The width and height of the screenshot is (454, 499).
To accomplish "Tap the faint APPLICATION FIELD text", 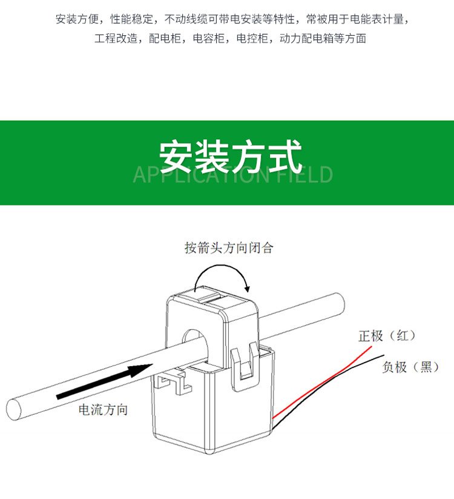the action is tap(233, 175).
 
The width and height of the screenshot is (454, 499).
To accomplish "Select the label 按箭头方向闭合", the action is tap(229, 247).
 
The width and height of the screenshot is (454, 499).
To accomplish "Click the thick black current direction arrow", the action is tap(105, 381).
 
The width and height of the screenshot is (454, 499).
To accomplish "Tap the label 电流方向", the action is tap(104, 410).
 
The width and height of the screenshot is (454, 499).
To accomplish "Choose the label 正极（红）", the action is tap(387, 336).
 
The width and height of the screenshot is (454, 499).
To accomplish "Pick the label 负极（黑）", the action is tap(411, 367).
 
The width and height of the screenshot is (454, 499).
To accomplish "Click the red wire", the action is tap(321, 383).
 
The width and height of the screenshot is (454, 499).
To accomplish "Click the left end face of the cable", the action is tap(14, 409).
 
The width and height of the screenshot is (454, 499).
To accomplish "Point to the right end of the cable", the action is tap(340, 305).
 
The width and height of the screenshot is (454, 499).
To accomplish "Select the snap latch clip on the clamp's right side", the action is tap(245, 366).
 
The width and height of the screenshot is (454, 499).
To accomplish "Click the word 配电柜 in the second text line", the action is tap(165, 39).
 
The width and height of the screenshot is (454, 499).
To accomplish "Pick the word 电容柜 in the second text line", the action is tap(208, 39).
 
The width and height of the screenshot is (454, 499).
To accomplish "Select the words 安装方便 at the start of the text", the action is tap(77, 19).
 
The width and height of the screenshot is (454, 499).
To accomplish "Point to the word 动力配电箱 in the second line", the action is tap(306, 39).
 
